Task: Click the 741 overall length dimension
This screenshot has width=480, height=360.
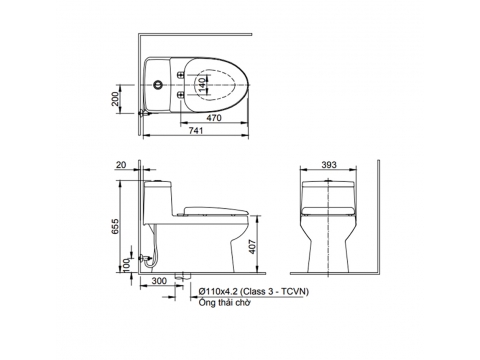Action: coord(196,131)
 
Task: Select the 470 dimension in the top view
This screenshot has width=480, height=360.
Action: coord(214,118)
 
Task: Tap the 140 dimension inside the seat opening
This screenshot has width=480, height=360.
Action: coord(202,85)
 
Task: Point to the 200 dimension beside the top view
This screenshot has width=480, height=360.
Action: coord(115,99)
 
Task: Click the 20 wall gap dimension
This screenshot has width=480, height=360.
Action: coord(122,165)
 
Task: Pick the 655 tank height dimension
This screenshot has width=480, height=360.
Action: coord(115,226)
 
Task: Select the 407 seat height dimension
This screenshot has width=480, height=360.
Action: coord(253,247)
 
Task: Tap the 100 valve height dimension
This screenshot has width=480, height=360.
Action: coord(126,265)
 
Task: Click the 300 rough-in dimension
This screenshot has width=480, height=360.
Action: coord(159,281)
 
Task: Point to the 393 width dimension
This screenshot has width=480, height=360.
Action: coord(329,165)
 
